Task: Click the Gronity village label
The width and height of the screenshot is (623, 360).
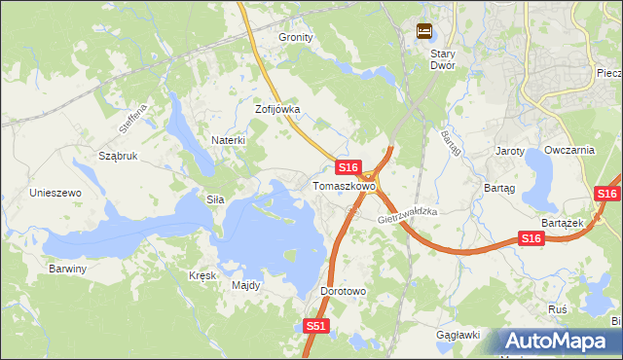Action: [296, 37]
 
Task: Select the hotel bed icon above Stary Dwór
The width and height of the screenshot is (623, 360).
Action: [423, 31]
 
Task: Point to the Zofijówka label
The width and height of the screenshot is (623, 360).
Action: [277, 109]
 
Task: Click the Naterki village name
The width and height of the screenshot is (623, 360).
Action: [228, 140]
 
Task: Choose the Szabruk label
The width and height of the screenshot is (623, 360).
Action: [118, 156]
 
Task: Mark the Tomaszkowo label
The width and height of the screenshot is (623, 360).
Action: [344, 185]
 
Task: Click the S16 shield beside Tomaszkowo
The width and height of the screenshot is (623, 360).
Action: [350, 167]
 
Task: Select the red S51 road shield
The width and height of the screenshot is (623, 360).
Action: [316, 327]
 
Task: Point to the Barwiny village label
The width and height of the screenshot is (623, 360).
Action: [68, 268]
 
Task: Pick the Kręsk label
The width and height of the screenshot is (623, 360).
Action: [202, 275]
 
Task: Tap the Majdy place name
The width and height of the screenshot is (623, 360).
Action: [245, 285]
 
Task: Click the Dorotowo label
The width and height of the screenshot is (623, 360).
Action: [343, 291]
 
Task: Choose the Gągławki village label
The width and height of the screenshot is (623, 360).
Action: [458, 335]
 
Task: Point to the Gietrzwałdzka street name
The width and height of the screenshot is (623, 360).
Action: [409, 214]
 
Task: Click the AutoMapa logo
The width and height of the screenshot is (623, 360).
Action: [558, 341]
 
